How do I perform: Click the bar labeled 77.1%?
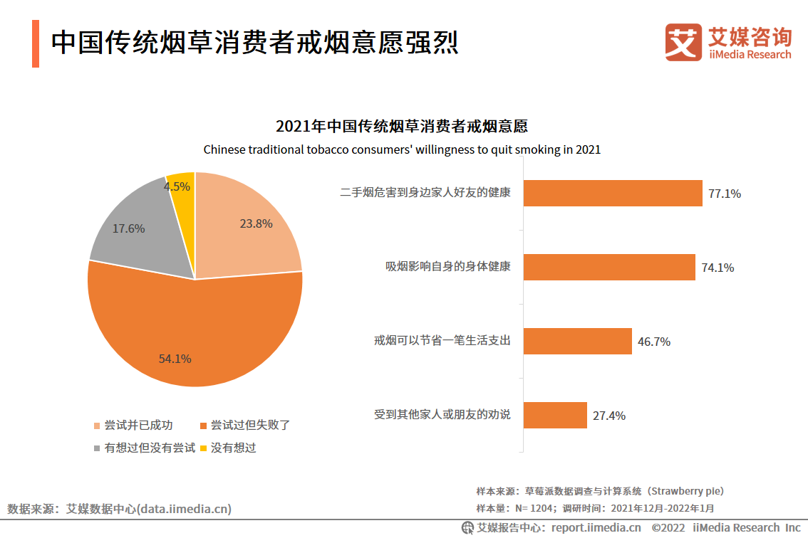coord(613,193)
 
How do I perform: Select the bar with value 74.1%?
coord(609,267)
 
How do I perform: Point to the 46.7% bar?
coord(578,341)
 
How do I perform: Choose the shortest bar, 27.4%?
coord(555,415)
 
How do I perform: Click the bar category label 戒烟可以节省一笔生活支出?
coord(442,340)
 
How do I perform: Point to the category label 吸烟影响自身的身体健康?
coord(448,266)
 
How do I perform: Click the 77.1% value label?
coord(724,193)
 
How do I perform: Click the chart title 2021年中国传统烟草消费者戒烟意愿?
coord(402,127)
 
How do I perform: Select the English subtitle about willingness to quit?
coord(402,149)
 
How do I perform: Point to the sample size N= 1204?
coord(535,508)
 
